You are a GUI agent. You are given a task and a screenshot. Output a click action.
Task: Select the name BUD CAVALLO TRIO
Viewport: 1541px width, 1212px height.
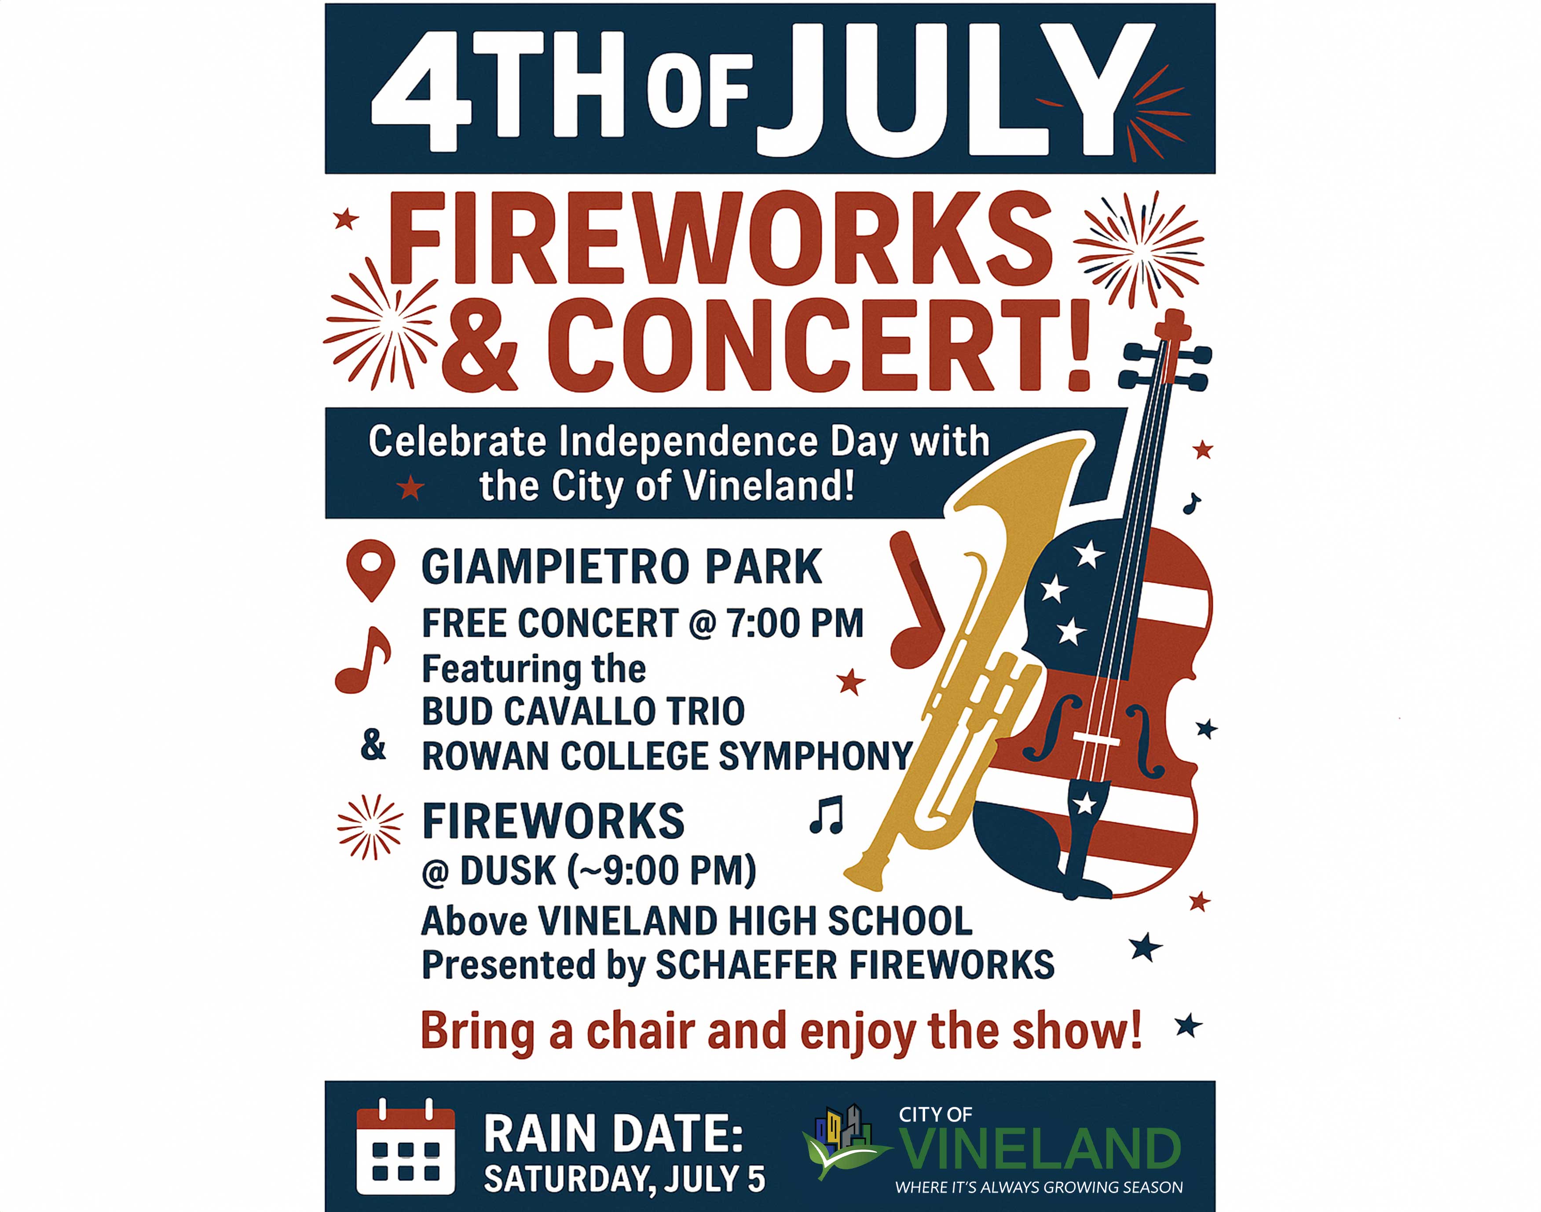[x=583, y=712]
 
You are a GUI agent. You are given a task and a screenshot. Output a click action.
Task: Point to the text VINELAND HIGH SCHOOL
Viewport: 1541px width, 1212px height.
[x=755, y=921]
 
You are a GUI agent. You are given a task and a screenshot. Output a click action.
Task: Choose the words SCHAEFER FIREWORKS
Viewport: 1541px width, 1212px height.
[x=855, y=965]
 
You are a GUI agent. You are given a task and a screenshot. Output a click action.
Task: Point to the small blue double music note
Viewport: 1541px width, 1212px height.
[x=826, y=814]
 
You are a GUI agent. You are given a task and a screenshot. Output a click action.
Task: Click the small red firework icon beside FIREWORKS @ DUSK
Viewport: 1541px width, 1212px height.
[x=370, y=827]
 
